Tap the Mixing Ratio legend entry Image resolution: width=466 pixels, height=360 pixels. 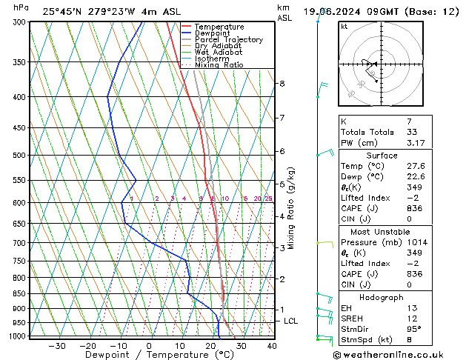(x=219, y=65)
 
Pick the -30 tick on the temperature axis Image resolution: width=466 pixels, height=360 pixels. (x=56, y=346)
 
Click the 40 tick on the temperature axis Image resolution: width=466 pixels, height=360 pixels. (x=272, y=346)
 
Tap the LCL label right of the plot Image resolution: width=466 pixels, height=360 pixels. (x=290, y=321)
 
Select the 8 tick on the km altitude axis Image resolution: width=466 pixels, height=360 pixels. (x=282, y=84)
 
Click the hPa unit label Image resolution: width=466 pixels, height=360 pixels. (x=21, y=8)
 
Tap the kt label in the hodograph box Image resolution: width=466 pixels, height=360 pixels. (x=344, y=26)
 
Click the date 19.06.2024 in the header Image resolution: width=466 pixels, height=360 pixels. (x=338, y=11)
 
